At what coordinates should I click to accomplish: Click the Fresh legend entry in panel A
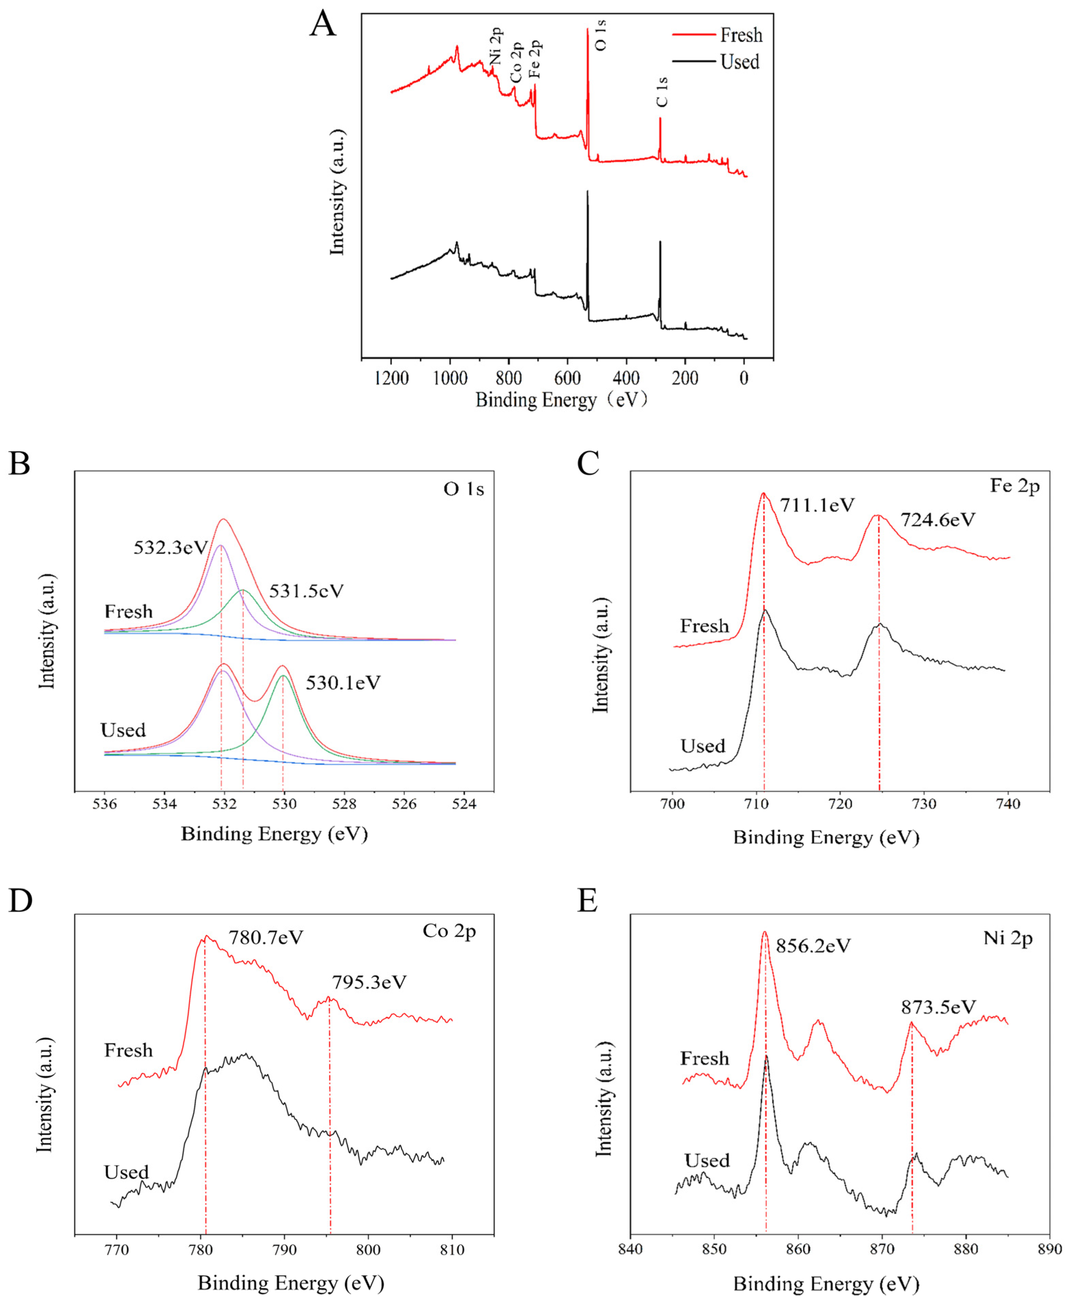tap(741, 36)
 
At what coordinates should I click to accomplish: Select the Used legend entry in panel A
tap(739, 62)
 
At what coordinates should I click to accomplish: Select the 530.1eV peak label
tap(343, 683)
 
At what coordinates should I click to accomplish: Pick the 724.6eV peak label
tap(938, 520)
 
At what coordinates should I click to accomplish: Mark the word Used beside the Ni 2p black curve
tap(707, 1161)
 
